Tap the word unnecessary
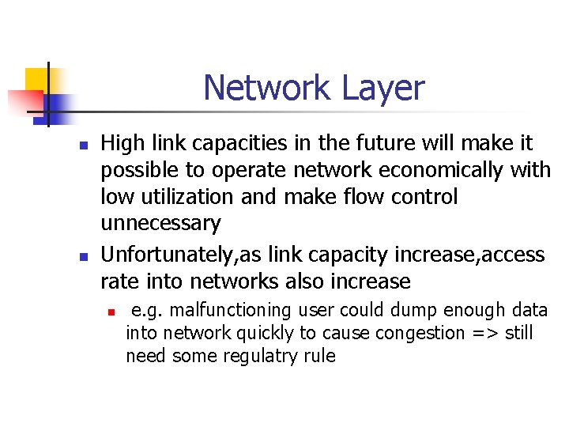160,224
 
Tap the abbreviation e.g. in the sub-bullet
148,310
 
